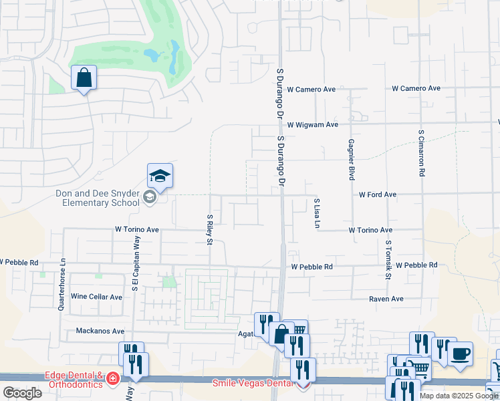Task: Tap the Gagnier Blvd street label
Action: (x=351, y=160)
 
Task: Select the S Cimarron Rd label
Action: (x=422, y=154)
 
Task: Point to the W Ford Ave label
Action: (x=378, y=194)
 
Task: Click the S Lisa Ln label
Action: (x=317, y=213)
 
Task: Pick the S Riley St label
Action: (x=209, y=229)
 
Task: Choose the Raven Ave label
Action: (x=386, y=299)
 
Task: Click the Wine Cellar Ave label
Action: (x=96, y=297)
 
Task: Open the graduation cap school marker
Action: (x=160, y=176)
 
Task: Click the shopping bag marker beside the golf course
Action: (x=84, y=78)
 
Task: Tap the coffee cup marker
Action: (x=460, y=354)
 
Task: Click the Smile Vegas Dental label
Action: (x=253, y=383)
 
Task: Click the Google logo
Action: (x=23, y=393)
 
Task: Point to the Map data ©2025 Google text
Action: (x=459, y=396)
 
